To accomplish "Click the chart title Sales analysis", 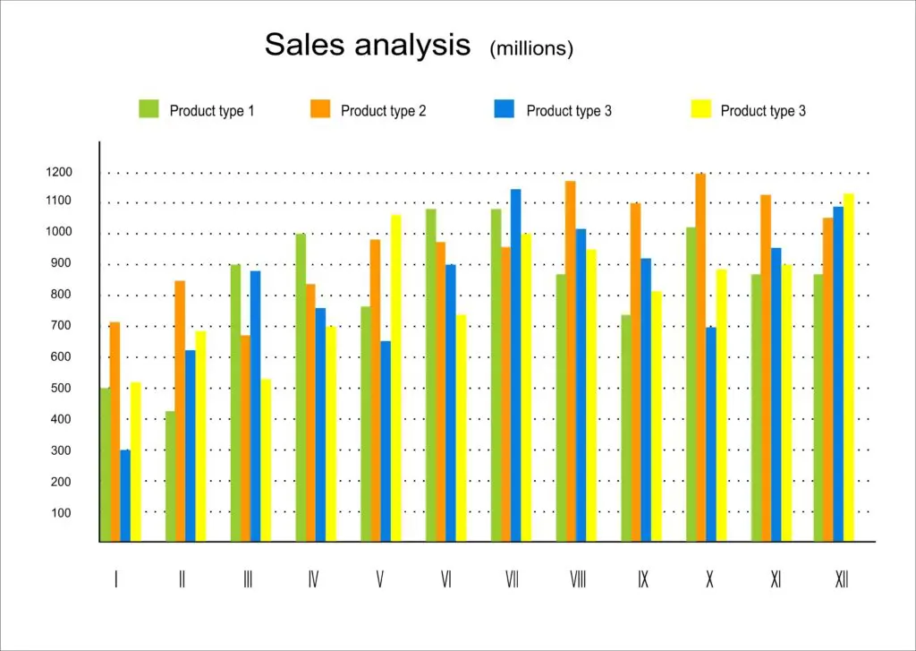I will tap(367, 45).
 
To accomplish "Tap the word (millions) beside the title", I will tap(530, 49).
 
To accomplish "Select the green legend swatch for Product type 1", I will tap(148, 109).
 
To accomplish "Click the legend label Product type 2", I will tap(383, 111).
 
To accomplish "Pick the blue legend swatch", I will tap(504, 109).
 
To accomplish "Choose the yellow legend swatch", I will tap(701, 109).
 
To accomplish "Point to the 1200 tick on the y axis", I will tap(61, 172).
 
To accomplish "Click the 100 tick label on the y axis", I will tap(61, 513).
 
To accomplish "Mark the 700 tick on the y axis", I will tap(61, 326).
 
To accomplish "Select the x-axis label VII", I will tap(512, 580).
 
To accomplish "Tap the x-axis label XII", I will tap(841, 580).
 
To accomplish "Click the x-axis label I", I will tap(115, 580).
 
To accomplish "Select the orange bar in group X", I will tap(700, 358).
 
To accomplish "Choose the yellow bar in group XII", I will tap(849, 367).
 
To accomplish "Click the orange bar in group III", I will tap(245, 439).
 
